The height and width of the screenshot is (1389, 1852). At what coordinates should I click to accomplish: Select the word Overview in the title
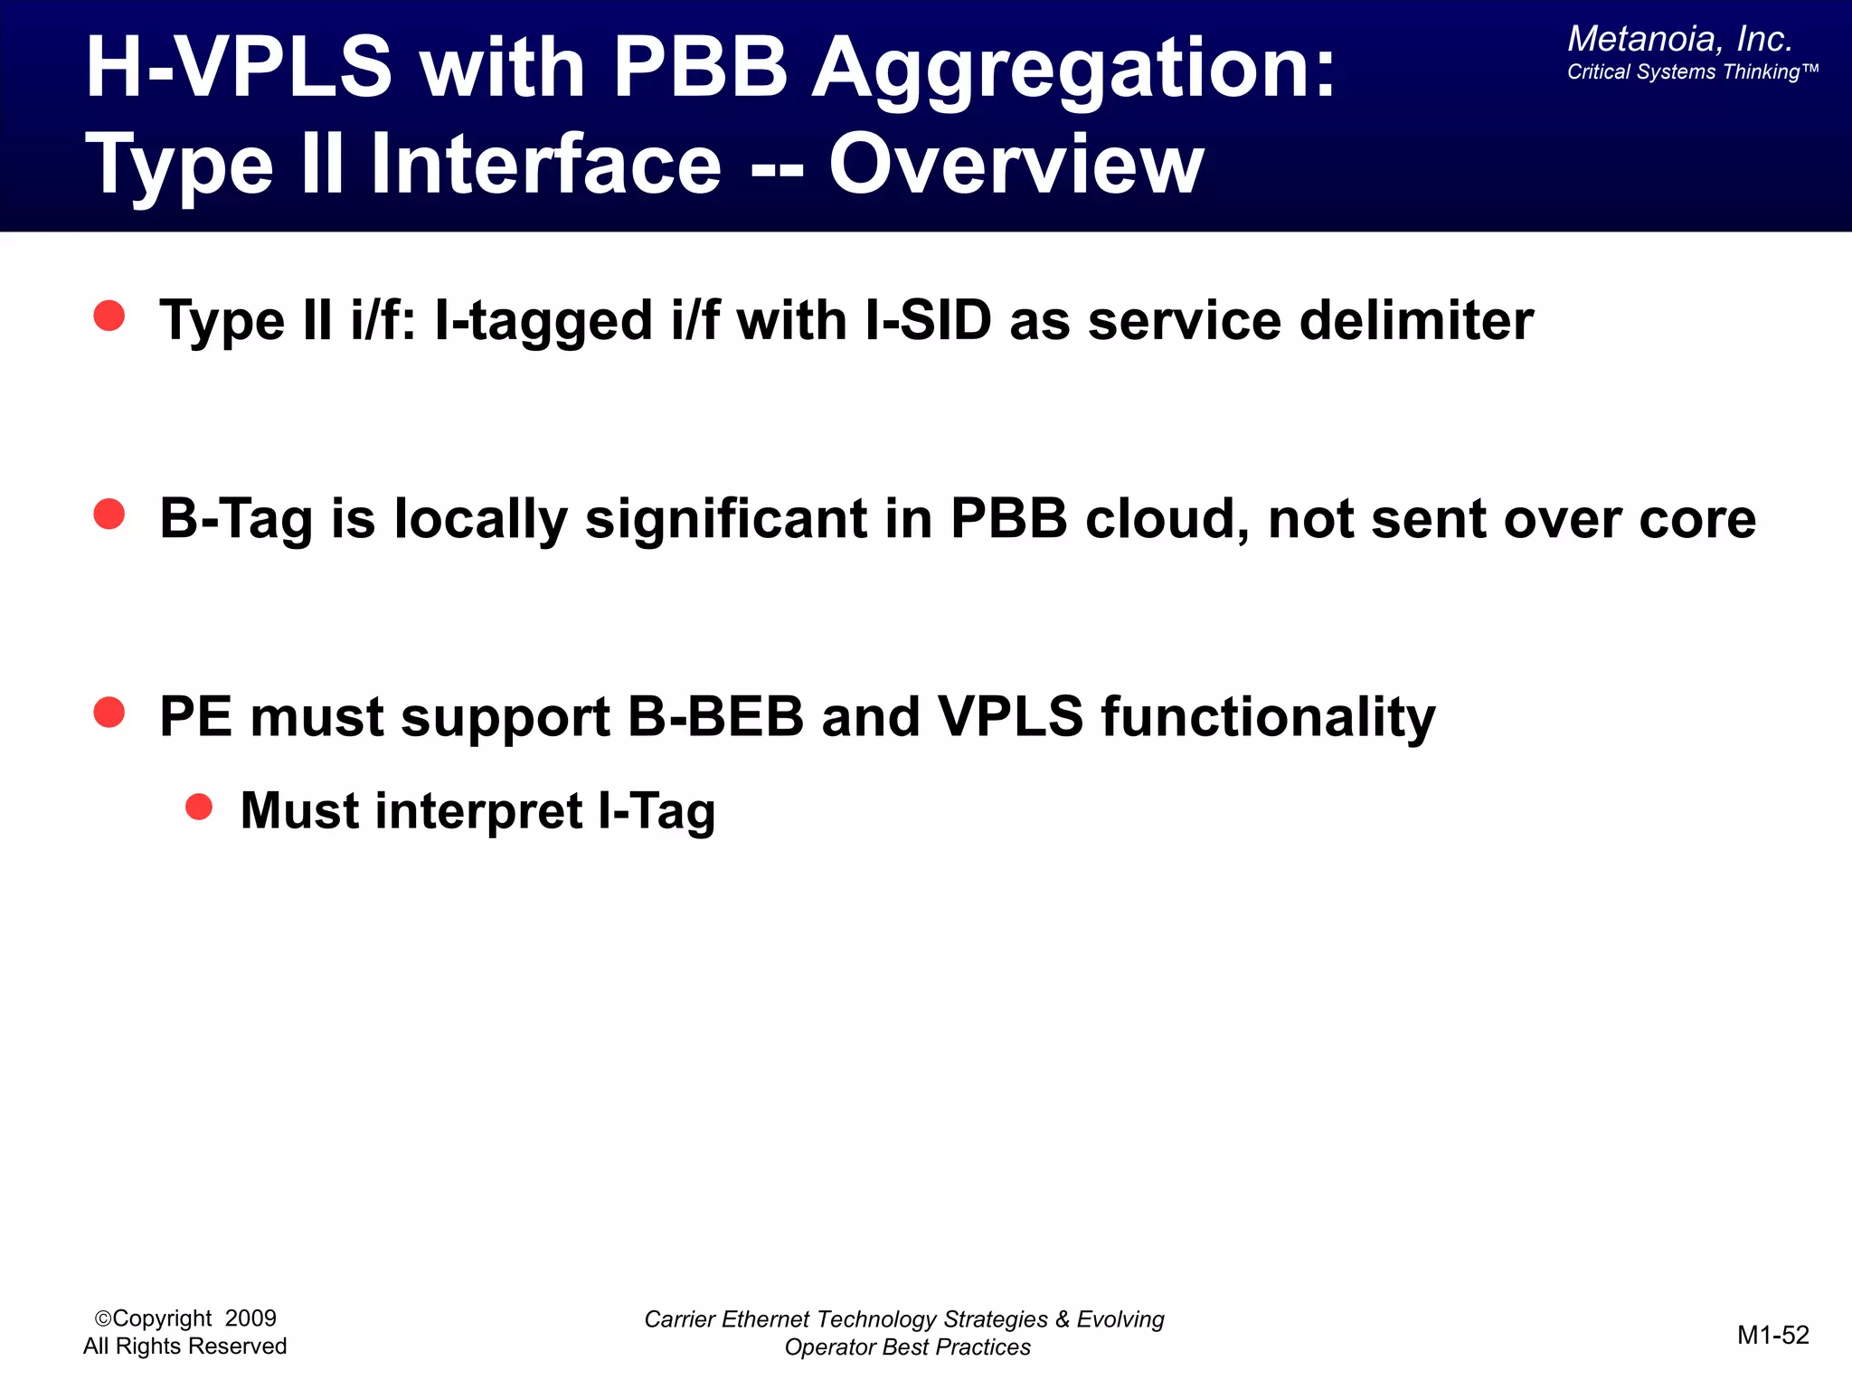pyautogui.click(x=1016, y=165)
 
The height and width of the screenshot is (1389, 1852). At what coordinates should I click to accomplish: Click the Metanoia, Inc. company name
pyautogui.click(x=1679, y=39)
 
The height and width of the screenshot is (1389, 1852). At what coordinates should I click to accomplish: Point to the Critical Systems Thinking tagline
pyautogui.click(x=1691, y=72)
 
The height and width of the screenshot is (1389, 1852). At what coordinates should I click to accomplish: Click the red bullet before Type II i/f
pyautogui.click(x=109, y=316)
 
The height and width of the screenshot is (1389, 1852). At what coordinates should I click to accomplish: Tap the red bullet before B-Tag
pyautogui.click(x=109, y=514)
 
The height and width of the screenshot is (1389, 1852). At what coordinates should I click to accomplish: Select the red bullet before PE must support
pyautogui.click(x=109, y=712)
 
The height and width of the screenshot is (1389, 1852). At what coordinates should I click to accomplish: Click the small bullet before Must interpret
pyautogui.click(x=199, y=806)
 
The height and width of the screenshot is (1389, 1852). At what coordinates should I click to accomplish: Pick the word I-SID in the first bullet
pyautogui.click(x=928, y=320)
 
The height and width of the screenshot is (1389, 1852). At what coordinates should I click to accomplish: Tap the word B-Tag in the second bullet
pyautogui.click(x=236, y=519)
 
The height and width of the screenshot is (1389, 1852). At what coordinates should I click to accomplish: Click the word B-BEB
pyautogui.click(x=714, y=716)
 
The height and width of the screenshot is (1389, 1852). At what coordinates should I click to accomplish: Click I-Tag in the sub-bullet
pyautogui.click(x=657, y=810)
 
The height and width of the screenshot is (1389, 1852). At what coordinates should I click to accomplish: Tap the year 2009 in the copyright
pyautogui.click(x=250, y=1318)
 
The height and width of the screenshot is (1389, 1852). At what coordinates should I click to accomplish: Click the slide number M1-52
pyautogui.click(x=1772, y=1335)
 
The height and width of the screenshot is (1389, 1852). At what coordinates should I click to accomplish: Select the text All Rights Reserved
pyautogui.click(x=184, y=1346)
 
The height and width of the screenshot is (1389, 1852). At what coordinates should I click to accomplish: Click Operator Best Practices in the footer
pyautogui.click(x=907, y=1347)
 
